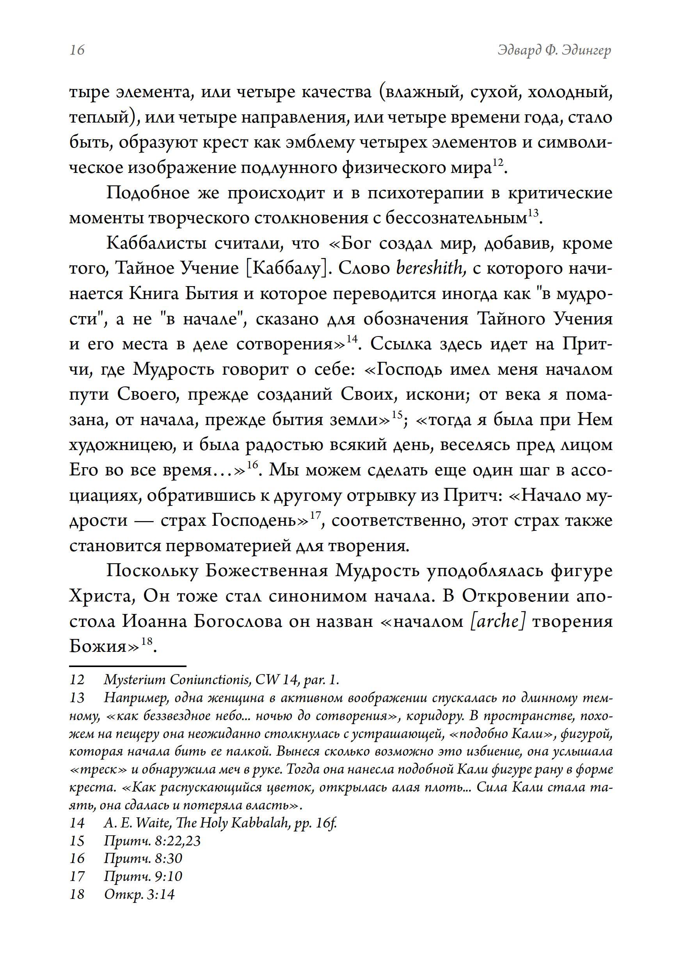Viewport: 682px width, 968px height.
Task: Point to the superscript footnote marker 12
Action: coord(498,162)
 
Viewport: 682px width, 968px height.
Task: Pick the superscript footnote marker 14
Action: coord(352,339)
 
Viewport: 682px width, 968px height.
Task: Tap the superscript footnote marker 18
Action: coord(146,641)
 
